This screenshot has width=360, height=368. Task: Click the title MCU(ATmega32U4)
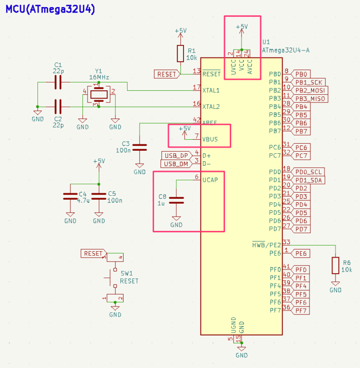50,9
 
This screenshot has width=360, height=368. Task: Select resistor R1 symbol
180,53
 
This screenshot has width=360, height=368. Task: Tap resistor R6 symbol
335,266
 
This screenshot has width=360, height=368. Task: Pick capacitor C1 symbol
58,82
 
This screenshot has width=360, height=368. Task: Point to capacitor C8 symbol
176,200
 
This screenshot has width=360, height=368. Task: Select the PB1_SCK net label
309,82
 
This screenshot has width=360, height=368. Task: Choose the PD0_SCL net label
309,172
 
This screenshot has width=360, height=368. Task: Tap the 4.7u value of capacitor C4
84,200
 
